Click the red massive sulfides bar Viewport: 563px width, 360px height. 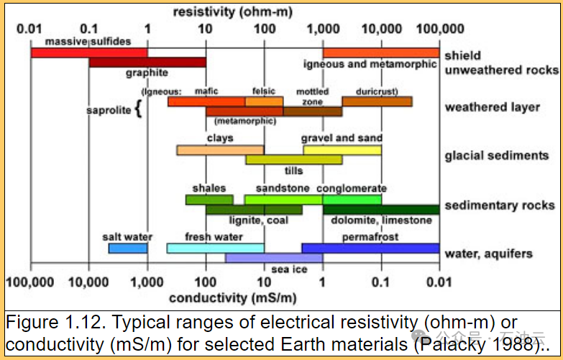point(89,52)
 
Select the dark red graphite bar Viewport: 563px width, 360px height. point(147,63)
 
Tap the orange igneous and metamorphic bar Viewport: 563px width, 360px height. point(380,52)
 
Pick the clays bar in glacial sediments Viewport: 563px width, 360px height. point(220,150)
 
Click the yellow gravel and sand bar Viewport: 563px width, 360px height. point(342,150)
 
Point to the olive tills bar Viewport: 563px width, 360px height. point(293,160)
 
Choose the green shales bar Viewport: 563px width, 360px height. point(209,200)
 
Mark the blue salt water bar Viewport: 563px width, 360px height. point(128,248)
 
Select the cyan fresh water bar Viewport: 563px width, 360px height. point(215,248)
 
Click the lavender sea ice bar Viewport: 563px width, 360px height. point(274,257)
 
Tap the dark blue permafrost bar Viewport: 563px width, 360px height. point(370,248)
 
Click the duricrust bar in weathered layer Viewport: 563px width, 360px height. point(377,101)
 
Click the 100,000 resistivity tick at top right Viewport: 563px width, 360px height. point(440,29)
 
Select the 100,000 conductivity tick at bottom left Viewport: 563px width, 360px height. point(31,282)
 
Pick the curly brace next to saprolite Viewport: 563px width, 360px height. point(139,110)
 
